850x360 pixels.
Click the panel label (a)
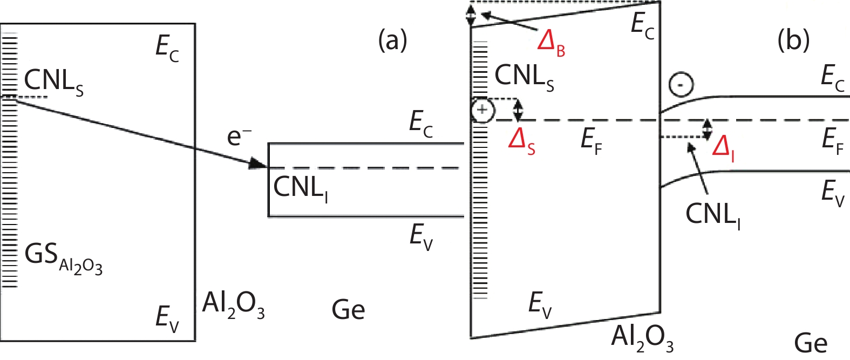tap(393, 40)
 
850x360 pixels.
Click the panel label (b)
tap(793, 40)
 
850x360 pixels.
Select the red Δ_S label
tap(522, 142)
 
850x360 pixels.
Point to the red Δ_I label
tap(723, 147)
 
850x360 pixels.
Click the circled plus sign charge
tap(482, 111)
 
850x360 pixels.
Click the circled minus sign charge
tap(681, 85)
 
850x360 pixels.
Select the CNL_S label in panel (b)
tap(524, 77)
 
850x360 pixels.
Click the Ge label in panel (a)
tap(348, 310)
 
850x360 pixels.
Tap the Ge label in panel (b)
tap(811, 343)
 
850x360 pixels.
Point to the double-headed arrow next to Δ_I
tap(707, 129)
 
